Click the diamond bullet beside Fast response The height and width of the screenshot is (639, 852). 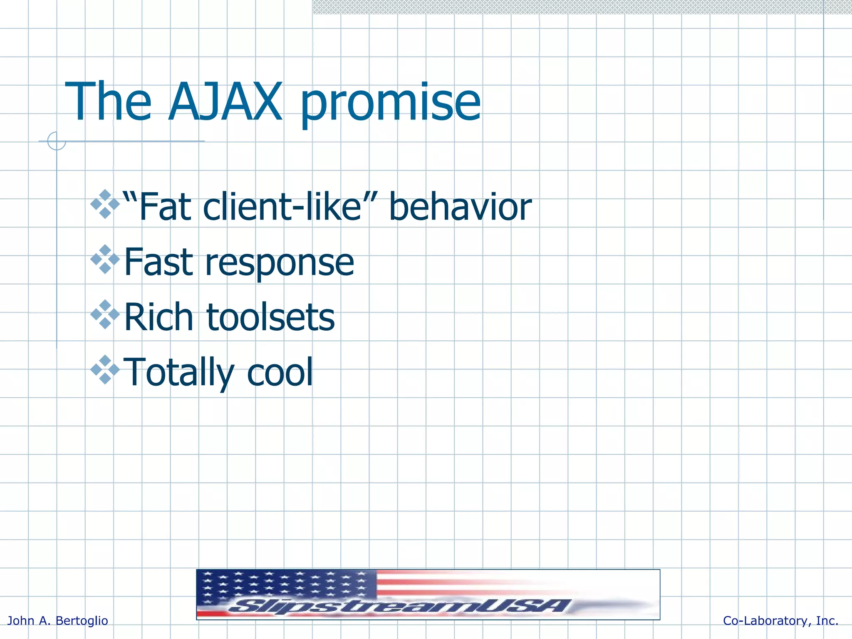pyautogui.click(x=105, y=259)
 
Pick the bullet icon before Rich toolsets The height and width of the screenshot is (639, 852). pyautogui.click(x=105, y=315)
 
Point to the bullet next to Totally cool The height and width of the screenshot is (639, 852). pyautogui.click(x=105, y=369)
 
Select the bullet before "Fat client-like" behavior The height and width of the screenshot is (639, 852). pyautogui.click(x=105, y=204)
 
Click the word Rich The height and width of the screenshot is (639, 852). pyautogui.click(x=159, y=317)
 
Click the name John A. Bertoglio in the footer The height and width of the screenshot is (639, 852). pyautogui.click(x=58, y=621)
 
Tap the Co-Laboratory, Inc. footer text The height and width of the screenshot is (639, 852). pyautogui.click(x=780, y=621)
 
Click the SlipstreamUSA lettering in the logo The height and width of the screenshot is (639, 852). pyautogui.click(x=399, y=606)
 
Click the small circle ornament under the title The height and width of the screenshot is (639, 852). pyautogui.click(x=57, y=141)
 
